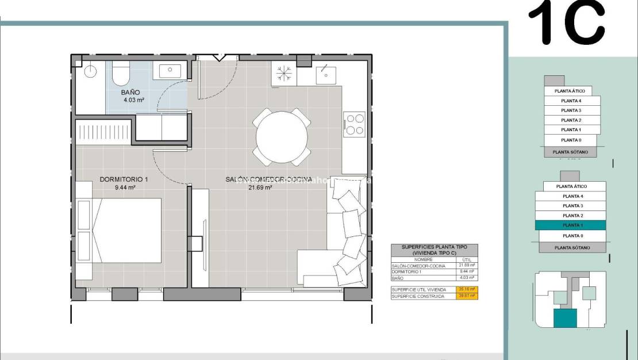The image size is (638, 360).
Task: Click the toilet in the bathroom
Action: coord(121,74)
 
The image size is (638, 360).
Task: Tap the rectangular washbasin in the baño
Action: coord(170,71)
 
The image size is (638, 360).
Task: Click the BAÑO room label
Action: coord(130,92)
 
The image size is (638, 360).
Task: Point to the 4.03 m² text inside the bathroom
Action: coord(133,99)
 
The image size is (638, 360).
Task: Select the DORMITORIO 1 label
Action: coord(124,179)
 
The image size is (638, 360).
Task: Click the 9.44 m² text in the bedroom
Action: coord(125,187)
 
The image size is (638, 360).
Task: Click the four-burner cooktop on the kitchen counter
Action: coord(354,124)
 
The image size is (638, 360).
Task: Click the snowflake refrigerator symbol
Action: coord(283,73)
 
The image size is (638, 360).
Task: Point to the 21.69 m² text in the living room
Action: coord(260,187)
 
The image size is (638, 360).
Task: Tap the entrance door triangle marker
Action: coord(218,57)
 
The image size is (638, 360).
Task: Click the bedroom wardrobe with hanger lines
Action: coord(104,132)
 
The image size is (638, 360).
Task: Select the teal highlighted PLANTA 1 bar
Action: coord(571,225)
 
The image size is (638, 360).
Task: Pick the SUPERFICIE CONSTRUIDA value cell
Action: coord(466,296)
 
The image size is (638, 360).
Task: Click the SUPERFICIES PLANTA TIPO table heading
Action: coord(434,250)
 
